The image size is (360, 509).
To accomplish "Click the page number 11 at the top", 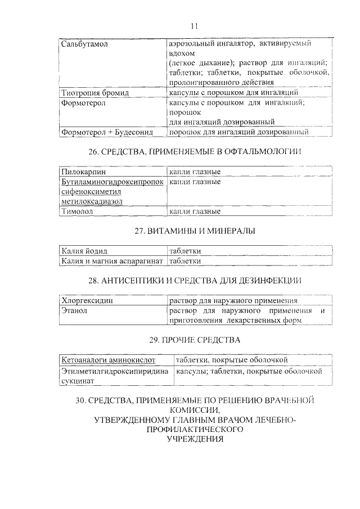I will coord(194,25).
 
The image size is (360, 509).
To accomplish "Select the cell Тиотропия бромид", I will coord(95,92).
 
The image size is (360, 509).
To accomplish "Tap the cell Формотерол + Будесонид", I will coord(107,132).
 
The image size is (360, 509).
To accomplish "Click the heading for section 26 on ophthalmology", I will coord(194,152).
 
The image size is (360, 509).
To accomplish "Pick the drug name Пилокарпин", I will coord(83,172).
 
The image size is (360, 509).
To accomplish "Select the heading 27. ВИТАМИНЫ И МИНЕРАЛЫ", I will coord(194,231).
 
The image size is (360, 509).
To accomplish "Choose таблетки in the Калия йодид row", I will coord(185,251).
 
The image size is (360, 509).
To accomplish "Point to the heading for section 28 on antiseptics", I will coord(194,281).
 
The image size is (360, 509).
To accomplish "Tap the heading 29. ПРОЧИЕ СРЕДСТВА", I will coord(194,340).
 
